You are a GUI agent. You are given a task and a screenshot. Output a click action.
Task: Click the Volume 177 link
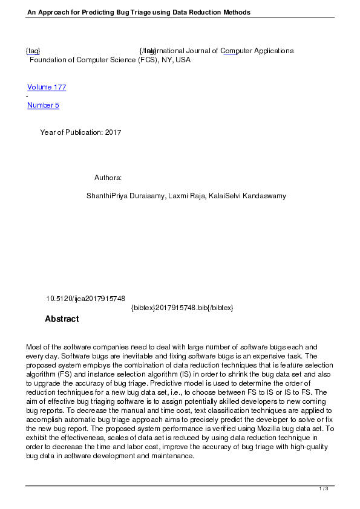[47, 87]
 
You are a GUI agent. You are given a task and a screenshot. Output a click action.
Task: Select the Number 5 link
[43, 105]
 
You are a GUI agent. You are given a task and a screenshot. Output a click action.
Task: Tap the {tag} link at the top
[33, 51]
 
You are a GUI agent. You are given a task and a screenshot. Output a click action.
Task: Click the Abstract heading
[62, 319]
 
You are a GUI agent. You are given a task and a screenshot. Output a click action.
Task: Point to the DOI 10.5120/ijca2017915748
[86, 299]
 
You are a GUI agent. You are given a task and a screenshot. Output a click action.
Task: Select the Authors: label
[108, 178]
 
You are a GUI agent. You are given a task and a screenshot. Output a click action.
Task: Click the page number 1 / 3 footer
[324, 488]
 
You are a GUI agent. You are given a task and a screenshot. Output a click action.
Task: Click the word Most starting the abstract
[34, 347]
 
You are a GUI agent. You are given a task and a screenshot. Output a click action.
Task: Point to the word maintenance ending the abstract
[172, 456]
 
